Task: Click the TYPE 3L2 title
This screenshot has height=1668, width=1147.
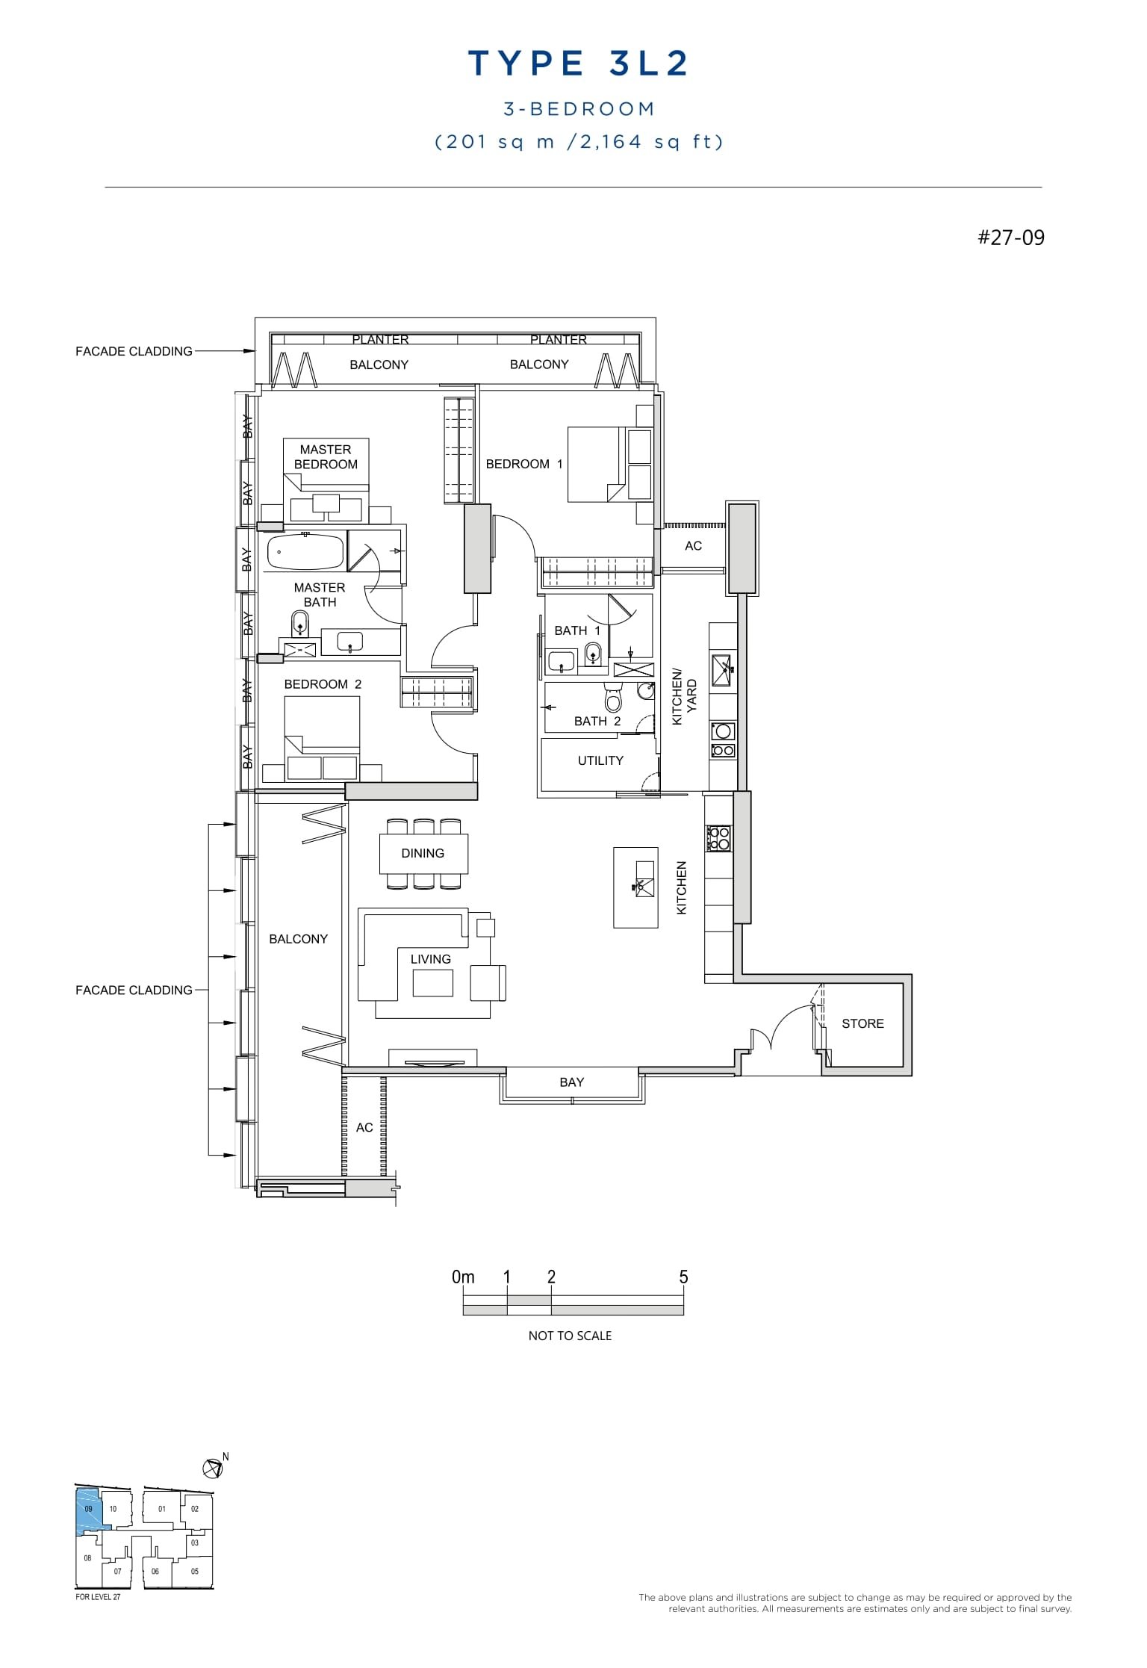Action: (578, 63)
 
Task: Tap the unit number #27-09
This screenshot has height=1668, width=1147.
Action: (1011, 238)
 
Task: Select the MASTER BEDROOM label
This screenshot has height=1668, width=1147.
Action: (326, 456)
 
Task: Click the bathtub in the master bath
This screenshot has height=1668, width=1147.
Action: (304, 551)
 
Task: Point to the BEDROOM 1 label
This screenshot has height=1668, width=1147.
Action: (523, 464)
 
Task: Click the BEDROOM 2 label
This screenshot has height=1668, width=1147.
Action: (323, 684)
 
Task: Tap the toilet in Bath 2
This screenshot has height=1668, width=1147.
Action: (613, 701)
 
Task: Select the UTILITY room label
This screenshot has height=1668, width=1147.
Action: (600, 760)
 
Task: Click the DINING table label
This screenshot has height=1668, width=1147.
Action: (423, 853)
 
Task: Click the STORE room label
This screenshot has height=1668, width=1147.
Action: (862, 1023)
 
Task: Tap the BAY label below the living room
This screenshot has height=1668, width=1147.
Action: (571, 1082)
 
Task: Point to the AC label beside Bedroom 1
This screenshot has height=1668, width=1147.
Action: (693, 546)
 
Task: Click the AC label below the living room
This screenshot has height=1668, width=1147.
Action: (364, 1127)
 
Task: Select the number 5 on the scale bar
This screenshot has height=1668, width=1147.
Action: (683, 1277)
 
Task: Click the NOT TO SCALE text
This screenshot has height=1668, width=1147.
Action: (570, 1336)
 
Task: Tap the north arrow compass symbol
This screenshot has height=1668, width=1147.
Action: (213, 1469)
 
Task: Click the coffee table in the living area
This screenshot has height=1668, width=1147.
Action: (432, 983)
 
